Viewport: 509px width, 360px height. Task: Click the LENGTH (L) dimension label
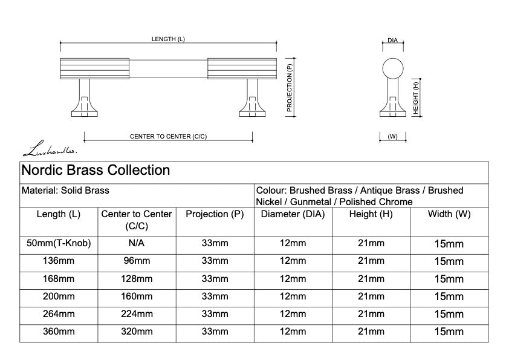coord(168,39)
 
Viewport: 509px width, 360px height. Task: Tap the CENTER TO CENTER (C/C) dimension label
coord(168,137)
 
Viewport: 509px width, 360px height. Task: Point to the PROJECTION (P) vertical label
coord(290,88)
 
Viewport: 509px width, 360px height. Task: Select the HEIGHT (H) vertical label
coord(415,98)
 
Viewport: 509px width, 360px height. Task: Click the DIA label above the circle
coord(392,41)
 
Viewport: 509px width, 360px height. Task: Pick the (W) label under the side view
coord(392,137)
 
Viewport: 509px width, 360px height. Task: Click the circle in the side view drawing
coord(393,68)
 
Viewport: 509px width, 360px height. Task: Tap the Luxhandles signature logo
coord(50,148)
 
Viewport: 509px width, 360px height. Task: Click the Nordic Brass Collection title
coord(96,170)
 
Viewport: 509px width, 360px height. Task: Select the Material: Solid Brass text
coord(65,191)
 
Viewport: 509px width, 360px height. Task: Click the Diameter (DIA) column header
coord(293,214)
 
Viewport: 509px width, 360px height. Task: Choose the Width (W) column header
coord(449,214)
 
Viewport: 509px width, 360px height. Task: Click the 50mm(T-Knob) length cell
coord(59,243)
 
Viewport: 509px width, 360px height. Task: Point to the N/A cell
coord(137,243)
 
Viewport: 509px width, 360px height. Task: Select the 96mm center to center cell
coord(137,261)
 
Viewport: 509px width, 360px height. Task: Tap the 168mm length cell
coord(59,279)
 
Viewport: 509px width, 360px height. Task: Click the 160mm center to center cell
coord(137,296)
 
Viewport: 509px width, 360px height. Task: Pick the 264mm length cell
coord(59,314)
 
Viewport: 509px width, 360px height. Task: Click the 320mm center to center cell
coord(137,332)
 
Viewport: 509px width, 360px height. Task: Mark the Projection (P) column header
coord(215,214)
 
